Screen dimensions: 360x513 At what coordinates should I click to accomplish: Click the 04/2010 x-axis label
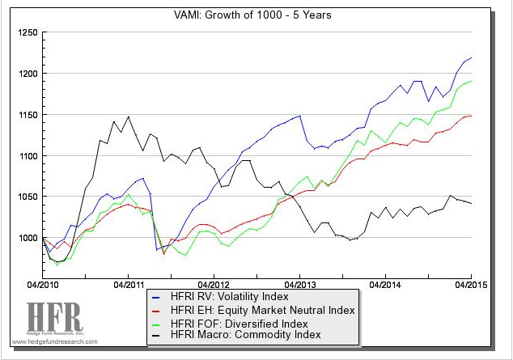click(44, 285)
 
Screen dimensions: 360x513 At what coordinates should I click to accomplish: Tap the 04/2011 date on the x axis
click(129, 285)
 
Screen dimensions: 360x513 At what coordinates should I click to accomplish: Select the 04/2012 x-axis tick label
click(214, 285)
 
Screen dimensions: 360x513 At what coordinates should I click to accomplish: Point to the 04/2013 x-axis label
click(300, 285)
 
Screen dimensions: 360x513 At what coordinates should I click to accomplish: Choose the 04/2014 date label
click(385, 285)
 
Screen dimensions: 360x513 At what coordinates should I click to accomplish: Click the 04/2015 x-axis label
click(470, 285)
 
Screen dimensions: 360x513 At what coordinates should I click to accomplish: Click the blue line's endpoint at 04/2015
click(471, 58)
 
